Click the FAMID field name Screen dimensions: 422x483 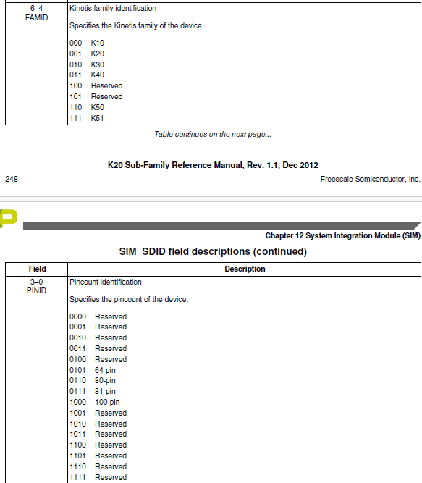pyautogui.click(x=36, y=17)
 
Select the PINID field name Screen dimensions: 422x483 pyautogui.click(x=36, y=291)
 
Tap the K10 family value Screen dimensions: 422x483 pyautogui.click(x=97, y=43)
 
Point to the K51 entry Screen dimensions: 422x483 pyautogui.click(x=97, y=118)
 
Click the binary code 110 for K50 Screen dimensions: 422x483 pyautogui.click(x=75, y=107)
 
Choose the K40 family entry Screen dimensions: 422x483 pyautogui.click(x=97, y=75)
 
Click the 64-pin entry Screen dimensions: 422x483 pyautogui.click(x=105, y=370)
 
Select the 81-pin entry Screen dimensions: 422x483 pyautogui.click(x=105, y=392)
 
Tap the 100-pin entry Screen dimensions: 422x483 pyautogui.click(x=107, y=402)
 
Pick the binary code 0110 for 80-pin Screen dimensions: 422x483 pyautogui.click(x=77, y=381)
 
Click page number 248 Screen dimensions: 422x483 pyautogui.click(x=12, y=179)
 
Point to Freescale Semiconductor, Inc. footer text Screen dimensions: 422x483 pyautogui.click(x=370, y=179)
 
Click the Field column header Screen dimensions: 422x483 pyautogui.click(x=37, y=269)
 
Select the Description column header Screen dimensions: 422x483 pyautogui.click(x=245, y=269)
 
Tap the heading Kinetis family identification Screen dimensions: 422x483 pyautogui.click(x=112, y=9)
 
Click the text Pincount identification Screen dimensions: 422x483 pyautogui.click(x=106, y=282)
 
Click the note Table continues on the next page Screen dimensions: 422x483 pyautogui.click(x=213, y=134)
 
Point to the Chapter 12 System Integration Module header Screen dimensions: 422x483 pyautogui.click(x=342, y=236)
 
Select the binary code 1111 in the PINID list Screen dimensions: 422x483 pyautogui.click(x=77, y=477)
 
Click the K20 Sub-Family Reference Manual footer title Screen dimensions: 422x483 pyautogui.click(x=213, y=165)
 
